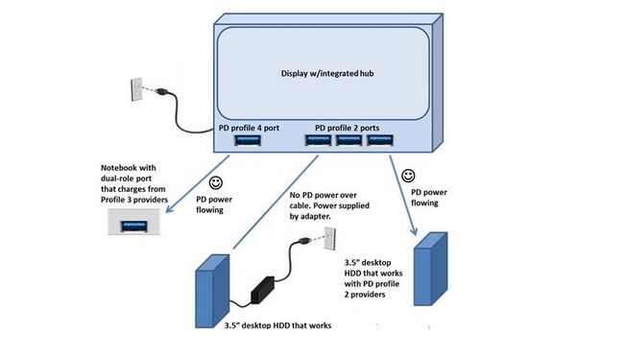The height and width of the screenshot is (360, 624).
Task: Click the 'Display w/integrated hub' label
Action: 327,74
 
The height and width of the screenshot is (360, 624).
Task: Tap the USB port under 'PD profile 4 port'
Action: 248,140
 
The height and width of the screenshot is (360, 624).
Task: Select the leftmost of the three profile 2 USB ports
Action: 318,140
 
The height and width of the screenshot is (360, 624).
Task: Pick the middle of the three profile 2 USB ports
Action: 349,140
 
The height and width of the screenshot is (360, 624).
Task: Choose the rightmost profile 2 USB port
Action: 380,140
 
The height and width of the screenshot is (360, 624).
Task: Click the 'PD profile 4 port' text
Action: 249,128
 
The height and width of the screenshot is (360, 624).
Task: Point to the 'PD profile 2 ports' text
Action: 347,128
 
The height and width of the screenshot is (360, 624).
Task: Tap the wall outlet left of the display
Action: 136,89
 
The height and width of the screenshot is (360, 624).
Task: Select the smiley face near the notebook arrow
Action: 216,182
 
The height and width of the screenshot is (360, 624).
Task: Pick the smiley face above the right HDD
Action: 408,176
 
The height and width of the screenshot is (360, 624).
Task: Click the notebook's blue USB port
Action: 134,226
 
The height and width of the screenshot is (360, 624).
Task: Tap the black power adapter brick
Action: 262,289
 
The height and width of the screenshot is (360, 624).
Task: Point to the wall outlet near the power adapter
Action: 330,238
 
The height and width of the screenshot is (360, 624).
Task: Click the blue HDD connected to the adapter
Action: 212,291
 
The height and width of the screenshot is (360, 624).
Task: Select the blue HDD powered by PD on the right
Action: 431,269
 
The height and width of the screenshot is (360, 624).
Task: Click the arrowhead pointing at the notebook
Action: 169,208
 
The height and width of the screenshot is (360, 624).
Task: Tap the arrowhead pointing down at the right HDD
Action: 415,230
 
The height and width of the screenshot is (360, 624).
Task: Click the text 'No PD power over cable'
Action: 324,195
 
